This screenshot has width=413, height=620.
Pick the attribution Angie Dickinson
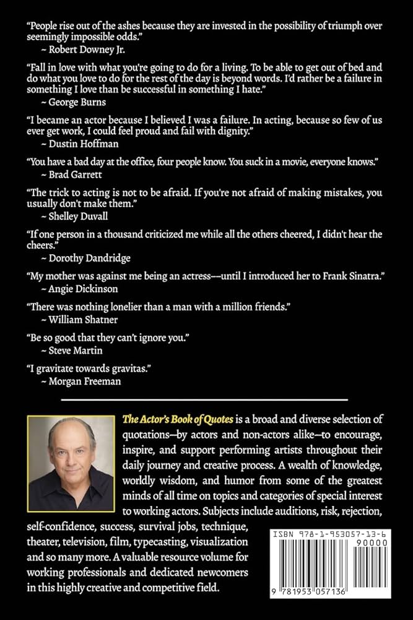click(82, 288)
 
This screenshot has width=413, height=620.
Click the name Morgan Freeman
click(80, 381)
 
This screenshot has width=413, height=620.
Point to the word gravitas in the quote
click(126, 369)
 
